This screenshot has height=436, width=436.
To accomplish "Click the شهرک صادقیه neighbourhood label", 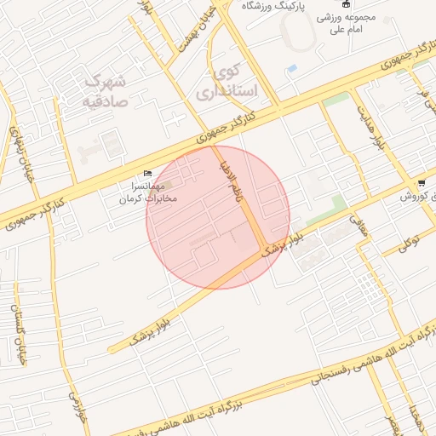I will [106, 91].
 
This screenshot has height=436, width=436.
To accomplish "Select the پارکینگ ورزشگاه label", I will [273, 5].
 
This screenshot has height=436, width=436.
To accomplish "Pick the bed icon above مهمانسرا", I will [148, 173].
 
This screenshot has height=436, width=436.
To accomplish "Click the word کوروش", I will [418, 197].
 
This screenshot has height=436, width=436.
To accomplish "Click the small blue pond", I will [292, 67].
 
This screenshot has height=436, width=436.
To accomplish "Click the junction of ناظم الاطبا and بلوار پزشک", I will [262, 249].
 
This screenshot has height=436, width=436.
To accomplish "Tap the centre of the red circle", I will [218, 217].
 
